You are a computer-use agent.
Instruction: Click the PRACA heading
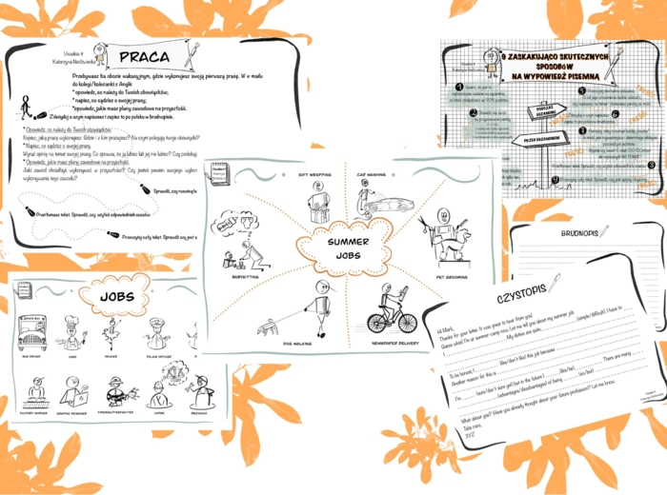(x=145, y=57)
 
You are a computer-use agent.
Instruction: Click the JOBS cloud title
(x=116, y=297)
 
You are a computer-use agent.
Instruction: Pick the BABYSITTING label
(x=238, y=277)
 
